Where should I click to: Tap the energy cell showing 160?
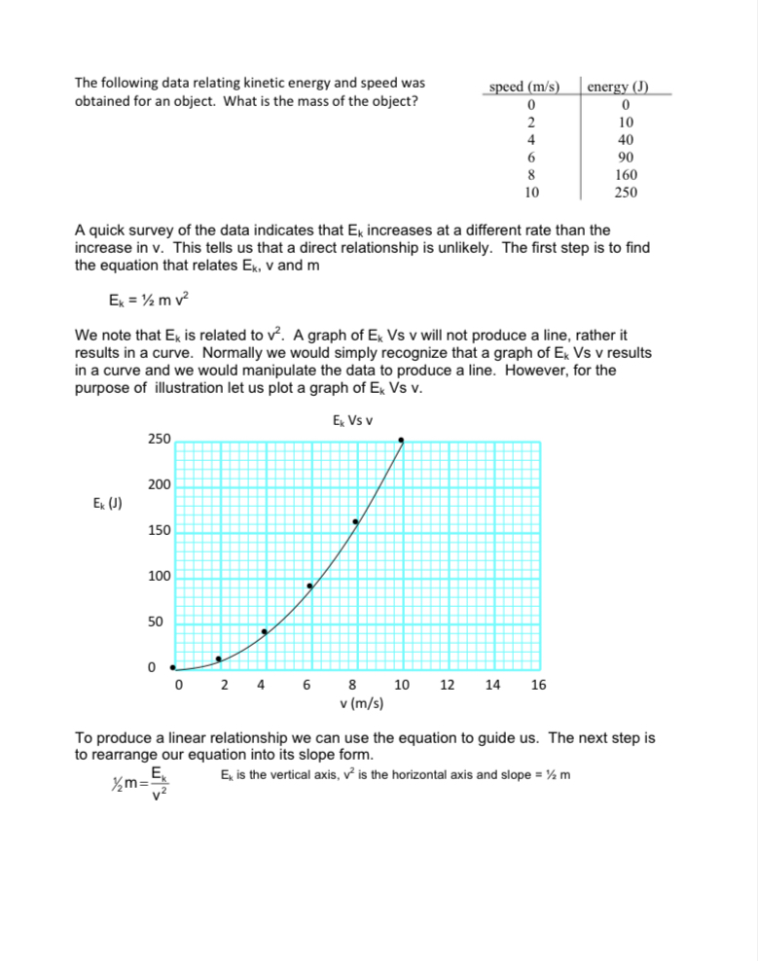click(x=626, y=174)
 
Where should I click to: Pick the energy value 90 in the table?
click(x=626, y=157)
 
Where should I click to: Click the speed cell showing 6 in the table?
click(x=529, y=157)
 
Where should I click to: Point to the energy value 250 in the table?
click(x=626, y=192)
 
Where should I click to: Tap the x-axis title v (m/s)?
click(x=361, y=703)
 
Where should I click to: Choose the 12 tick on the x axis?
click(x=447, y=685)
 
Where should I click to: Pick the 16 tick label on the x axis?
click(x=538, y=685)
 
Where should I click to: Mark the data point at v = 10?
click(x=401, y=441)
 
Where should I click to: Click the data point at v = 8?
click(x=355, y=522)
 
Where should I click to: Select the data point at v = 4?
click(x=264, y=631)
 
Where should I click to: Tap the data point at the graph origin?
click(x=173, y=667)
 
